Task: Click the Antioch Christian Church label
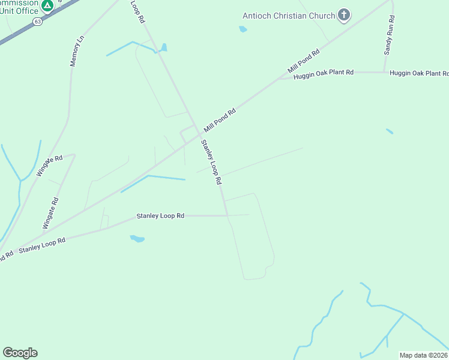pos(288,16)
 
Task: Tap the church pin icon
pos(344,15)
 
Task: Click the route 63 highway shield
pos(38,22)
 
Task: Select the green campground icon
pos(47,6)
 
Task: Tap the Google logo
pos(20,353)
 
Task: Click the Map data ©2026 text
pos(423,355)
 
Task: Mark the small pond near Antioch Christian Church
pos(243,29)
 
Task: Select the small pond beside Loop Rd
pos(163,47)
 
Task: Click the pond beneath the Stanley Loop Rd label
pos(137,239)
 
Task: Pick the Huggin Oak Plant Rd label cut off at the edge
pos(419,73)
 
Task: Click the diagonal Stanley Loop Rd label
pos(211,161)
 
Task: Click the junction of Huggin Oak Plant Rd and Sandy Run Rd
pos(384,72)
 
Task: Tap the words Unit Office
pos(19,11)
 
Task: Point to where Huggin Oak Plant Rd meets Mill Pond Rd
pos(280,78)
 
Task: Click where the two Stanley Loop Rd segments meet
pos(227,215)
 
